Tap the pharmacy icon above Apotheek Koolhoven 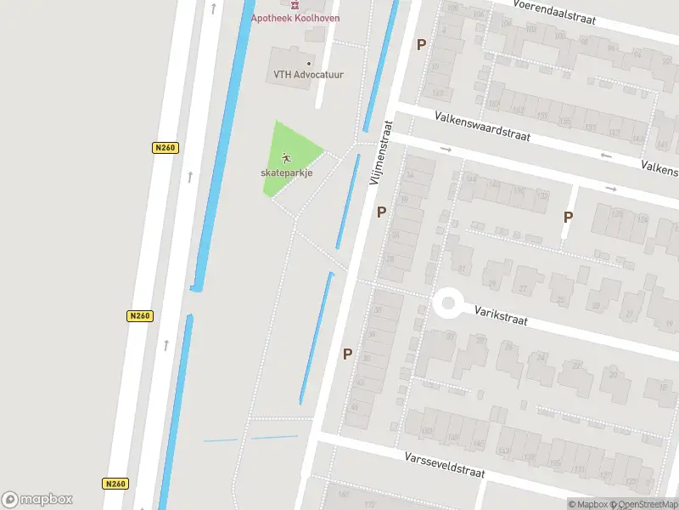tap(296, 4)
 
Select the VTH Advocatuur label tap(308, 75)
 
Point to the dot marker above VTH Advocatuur tap(308, 63)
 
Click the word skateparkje tap(286, 173)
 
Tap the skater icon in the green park tap(286, 157)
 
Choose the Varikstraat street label tap(501, 316)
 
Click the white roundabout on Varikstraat tap(447, 303)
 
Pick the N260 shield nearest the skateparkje tap(165, 148)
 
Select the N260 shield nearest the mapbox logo tap(115, 483)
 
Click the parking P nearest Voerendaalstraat tap(421, 44)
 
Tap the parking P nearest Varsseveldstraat tap(347, 354)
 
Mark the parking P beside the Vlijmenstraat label tap(382, 212)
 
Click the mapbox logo tap(37, 499)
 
